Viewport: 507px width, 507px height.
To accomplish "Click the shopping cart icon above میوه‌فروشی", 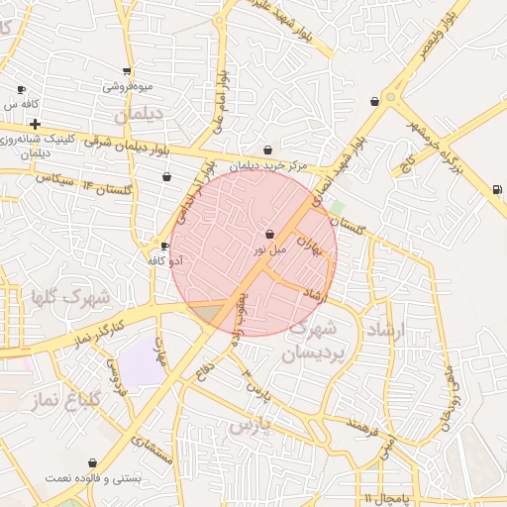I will click(127, 71).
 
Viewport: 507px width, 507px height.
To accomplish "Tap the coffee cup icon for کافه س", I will click(21, 90).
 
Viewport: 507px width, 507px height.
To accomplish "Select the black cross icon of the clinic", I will click(36, 125).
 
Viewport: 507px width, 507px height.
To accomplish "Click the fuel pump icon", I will click(496, 189).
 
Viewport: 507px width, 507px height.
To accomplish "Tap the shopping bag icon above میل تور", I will click(270, 235).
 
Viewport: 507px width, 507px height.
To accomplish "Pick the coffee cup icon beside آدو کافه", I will click(165, 247).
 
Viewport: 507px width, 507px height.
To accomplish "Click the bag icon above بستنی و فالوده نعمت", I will click(92, 462).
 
